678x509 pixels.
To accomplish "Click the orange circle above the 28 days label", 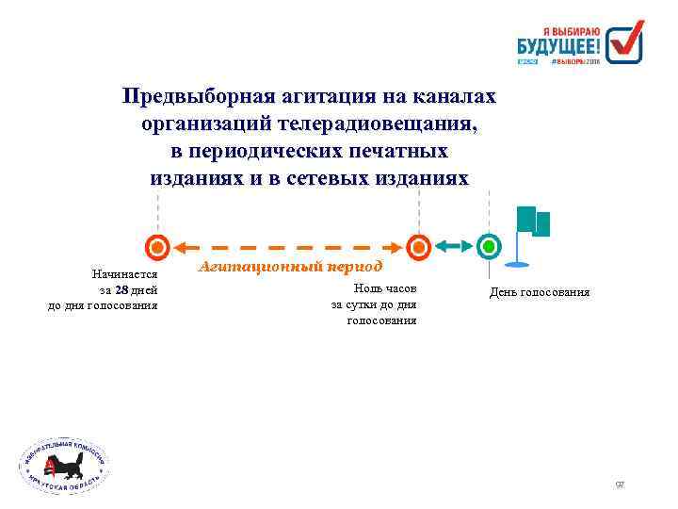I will (158, 247).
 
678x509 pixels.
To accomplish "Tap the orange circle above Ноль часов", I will (421, 247).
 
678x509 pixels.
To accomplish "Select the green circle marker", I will (489, 247).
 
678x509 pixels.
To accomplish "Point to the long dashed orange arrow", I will (289, 247).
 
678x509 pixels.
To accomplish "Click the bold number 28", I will (121, 289).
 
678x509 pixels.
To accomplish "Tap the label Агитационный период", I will (291, 266).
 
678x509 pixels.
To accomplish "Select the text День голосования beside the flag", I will (540, 292).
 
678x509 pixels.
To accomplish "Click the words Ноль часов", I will (383, 288).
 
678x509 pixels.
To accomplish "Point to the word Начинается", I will (124, 274).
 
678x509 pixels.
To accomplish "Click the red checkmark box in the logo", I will (623, 41).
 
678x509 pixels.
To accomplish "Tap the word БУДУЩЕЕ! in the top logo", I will (558, 43).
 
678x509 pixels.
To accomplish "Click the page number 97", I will (620, 484).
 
